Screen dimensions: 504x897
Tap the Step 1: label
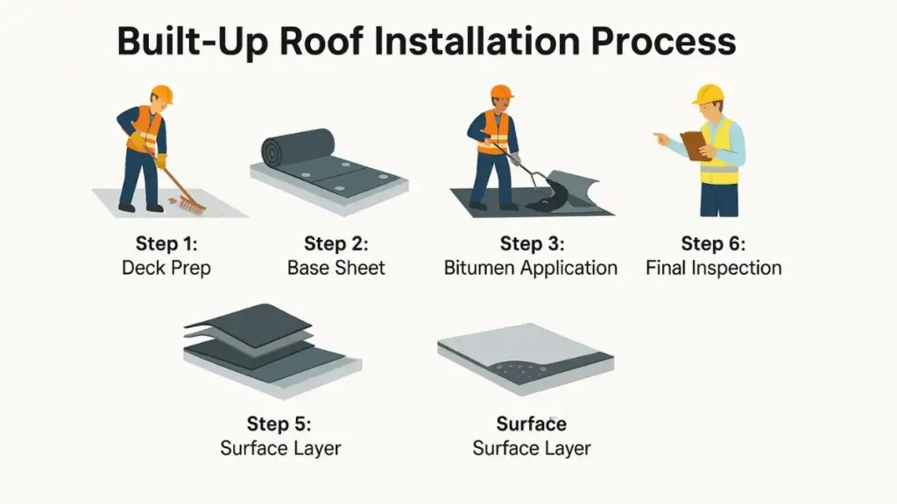(x=166, y=243)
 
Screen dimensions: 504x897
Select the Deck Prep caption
(x=166, y=268)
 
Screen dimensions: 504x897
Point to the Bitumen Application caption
(x=531, y=268)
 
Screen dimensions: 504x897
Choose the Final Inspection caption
(x=713, y=268)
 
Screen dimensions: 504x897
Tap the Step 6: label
(x=713, y=243)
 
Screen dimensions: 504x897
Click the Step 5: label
(x=280, y=424)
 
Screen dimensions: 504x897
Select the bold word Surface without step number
(x=531, y=424)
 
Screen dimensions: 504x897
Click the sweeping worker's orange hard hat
(x=161, y=94)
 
